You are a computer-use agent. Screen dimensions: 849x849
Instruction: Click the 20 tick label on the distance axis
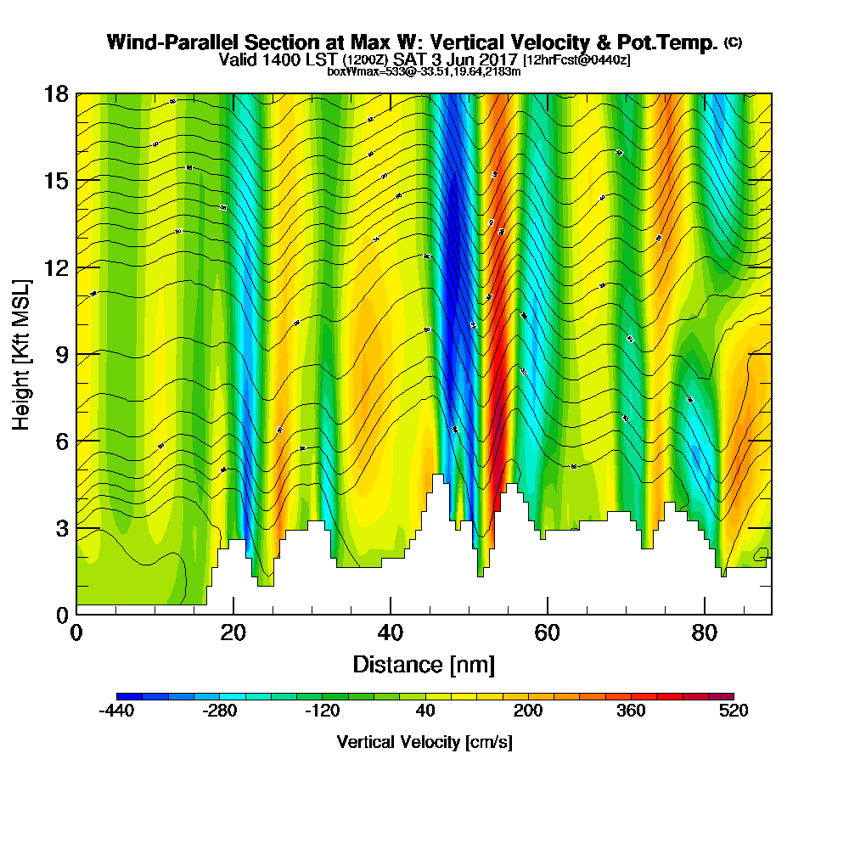(233, 633)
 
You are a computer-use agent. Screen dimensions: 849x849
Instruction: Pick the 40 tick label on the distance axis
(391, 633)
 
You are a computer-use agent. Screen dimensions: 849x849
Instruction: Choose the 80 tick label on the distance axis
(705, 633)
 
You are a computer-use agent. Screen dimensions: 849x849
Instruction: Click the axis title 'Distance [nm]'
(424, 664)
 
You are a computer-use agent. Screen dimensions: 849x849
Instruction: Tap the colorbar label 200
(528, 711)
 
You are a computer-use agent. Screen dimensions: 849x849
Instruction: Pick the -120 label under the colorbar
(322, 711)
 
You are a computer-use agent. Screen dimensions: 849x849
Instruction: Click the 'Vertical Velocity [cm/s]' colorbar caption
(424, 742)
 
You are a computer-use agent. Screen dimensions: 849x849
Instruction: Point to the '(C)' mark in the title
(733, 42)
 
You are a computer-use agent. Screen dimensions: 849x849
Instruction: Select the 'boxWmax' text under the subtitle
(349, 72)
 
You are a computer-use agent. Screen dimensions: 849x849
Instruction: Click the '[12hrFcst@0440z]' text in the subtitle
(576, 60)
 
